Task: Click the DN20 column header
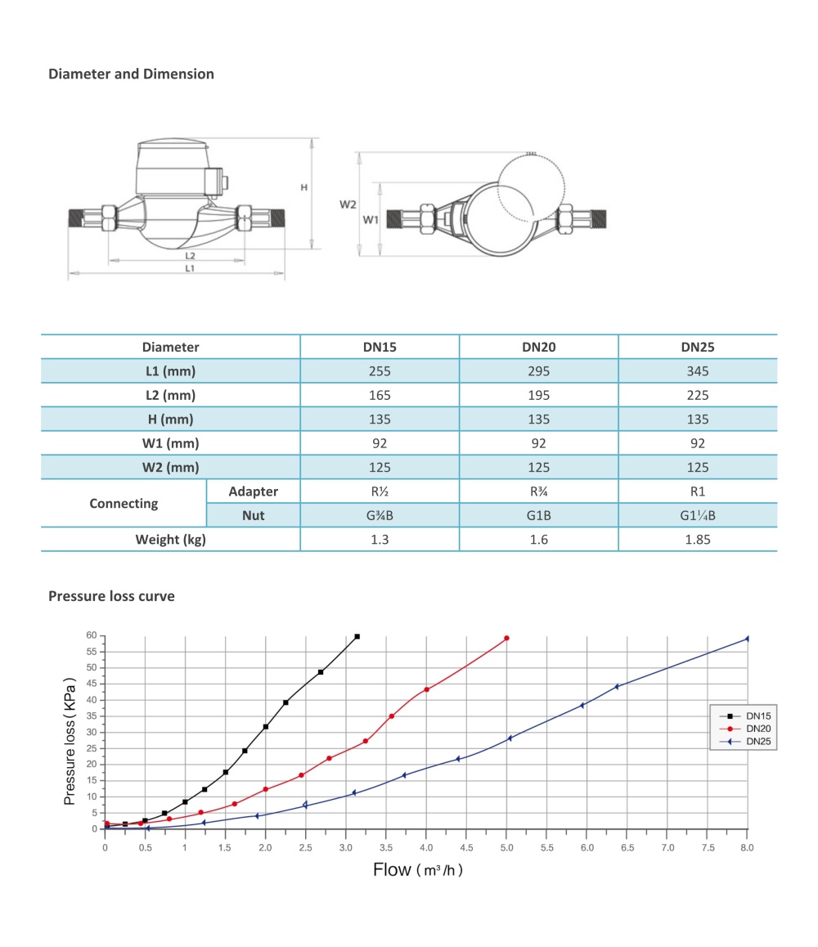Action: tap(538, 347)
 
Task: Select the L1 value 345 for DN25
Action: tap(698, 370)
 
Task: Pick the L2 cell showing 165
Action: tap(380, 395)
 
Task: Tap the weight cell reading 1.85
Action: tap(698, 539)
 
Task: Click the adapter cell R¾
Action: tap(538, 491)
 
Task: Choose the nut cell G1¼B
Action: tap(698, 516)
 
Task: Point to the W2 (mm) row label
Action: tap(170, 468)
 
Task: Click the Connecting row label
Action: tap(124, 504)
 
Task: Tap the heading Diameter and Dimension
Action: tap(131, 74)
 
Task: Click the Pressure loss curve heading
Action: tap(111, 596)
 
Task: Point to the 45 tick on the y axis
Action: tap(92, 684)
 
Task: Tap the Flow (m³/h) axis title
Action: tap(418, 869)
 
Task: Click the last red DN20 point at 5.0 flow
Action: tap(507, 638)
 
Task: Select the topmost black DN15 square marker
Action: tap(357, 636)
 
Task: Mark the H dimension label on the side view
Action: tap(303, 187)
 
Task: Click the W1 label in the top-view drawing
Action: tap(371, 220)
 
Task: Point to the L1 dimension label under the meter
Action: tap(189, 268)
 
